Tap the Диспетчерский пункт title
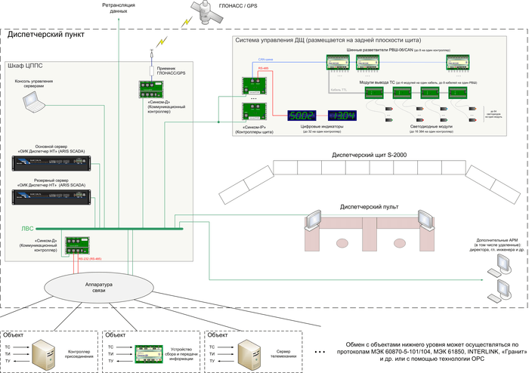[x=45, y=35]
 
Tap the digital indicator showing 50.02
[x=302, y=115]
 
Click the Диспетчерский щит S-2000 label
[x=364, y=155]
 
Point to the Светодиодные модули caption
[x=431, y=126]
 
